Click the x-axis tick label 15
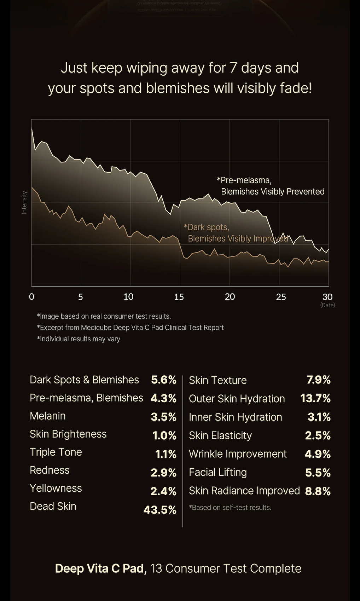[x=179, y=297]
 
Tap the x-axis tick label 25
[x=281, y=297]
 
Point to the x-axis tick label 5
[x=81, y=297]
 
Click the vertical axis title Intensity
[x=24, y=203]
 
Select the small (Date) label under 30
[x=327, y=305]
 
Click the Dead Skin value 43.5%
[x=160, y=510]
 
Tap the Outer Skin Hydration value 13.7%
[x=315, y=399]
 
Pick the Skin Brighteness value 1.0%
[x=164, y=435]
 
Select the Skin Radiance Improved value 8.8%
[x=318, y=491]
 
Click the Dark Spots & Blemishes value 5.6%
[x=164, y=380]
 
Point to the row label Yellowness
[x=56, y=488]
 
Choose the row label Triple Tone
[x=56, y=452]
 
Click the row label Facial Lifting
[x=218, y=472]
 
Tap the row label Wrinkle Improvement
[x=238, y=454]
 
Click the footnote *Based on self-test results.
[x=230, y=508]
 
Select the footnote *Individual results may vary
[x=79, y=339]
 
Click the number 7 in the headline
[x=233, y=68]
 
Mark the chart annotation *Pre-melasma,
[x=244, y=180]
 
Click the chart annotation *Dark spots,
[x=206, y=227]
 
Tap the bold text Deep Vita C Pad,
[x=101, y=568]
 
